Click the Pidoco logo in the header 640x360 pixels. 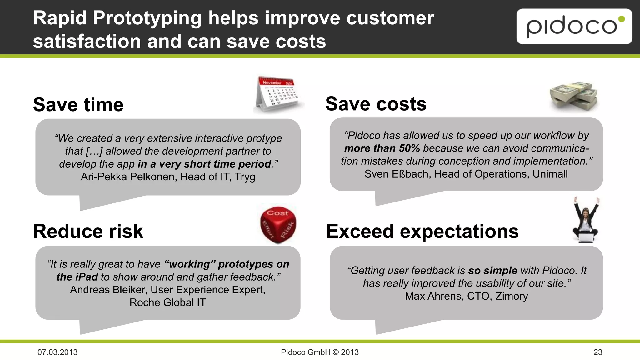click(574, 27)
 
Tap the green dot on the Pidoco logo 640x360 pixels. click(622, 19)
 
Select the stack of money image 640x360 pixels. click(574, 96)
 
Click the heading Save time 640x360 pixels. click(78, 104)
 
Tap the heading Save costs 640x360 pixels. click(376, 104)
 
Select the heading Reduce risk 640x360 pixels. click(88, 231)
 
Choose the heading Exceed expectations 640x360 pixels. click(422, 231)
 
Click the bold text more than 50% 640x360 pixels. click(382, 148)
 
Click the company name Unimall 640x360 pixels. click(550, 174)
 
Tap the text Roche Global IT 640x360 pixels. click(168, 302)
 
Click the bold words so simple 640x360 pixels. click(492, 270)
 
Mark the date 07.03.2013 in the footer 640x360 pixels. click(57, 352)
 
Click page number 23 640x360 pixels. click(597, 352)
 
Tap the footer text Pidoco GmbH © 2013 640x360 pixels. click(320, 352)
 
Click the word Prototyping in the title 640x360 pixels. click(147, 18)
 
